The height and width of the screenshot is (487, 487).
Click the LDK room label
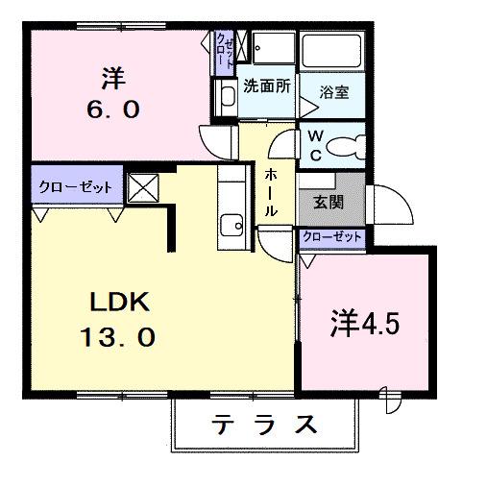tap(119, 303)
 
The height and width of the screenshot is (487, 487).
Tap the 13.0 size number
tap(119, 338)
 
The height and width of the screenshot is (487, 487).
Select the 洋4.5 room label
tap(367, 322)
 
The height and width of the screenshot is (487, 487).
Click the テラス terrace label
tap(265, 424)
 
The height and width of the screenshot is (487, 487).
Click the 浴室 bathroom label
tap(333, 94)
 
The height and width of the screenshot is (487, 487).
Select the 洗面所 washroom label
tap(266, 85)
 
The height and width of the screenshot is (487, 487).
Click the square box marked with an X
tap(143, 186)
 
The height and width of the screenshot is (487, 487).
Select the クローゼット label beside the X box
tap(76, 186)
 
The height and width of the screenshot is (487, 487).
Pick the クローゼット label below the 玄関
tap(332, 236)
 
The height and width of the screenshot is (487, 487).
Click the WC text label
tap(315, 145)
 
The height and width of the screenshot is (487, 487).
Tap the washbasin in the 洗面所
tap(228, 95)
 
